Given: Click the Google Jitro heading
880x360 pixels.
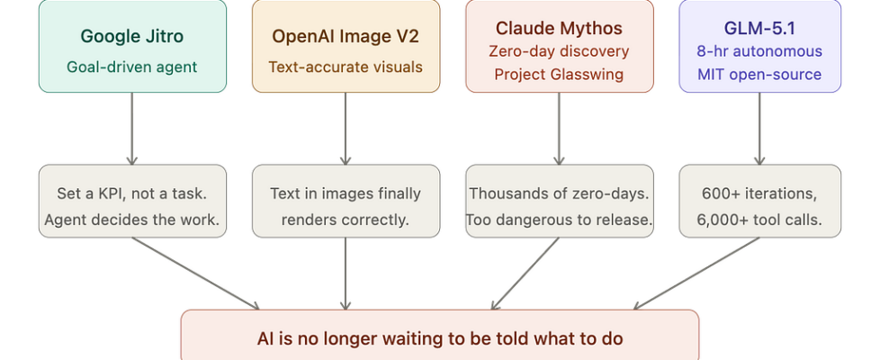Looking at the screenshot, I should (x=132, y=37).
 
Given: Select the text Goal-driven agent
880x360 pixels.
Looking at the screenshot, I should (x=132, y=67).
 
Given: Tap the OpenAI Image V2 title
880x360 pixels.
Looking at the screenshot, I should (x=346, y=37).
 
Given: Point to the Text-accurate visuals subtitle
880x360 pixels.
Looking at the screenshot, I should (x=346, y=67).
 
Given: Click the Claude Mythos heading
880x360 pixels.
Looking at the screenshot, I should (x=559, y=28).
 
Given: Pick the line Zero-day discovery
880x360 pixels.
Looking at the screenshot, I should (x=559, y=51).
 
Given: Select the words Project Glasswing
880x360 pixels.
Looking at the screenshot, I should (x=559, y=74).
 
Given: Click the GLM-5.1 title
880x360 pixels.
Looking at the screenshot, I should (x=760, y=28).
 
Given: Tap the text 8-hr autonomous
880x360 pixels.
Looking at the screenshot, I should (x=760, y=51).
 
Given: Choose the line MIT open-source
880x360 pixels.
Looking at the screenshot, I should (x=760, y=74).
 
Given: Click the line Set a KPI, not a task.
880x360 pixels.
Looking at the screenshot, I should (x=132, y=193).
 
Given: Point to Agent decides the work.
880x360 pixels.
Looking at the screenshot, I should (x=132, y=219).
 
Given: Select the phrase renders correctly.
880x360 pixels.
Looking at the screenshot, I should (x=346, y=219).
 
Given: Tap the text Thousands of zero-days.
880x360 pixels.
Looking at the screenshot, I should (x=559, y=193).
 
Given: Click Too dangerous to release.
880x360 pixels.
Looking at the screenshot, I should (x=559, y=219).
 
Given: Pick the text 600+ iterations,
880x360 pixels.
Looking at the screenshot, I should (x=760, y=193).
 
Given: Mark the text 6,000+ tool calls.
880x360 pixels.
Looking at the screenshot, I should (x=760, y=219).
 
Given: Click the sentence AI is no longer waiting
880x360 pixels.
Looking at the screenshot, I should (x=439, y=339).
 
